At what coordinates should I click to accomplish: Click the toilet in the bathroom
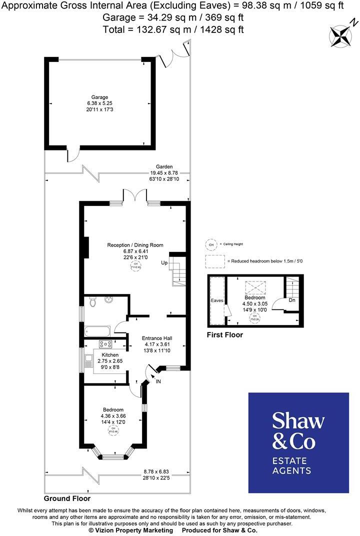pyautogui.click(x=91, y=302)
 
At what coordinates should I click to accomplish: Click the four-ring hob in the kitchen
pyautogui.click(x=106, y=343)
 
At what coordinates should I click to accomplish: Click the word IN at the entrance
pyautogui.click(x=159, y=381)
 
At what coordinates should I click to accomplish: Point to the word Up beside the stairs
pyautogui.click(x=164, y=262)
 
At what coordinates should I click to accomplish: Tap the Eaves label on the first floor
pyautogui.click(x=217, y=301)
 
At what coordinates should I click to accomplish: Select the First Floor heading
pyautogui.click(x=224, y=335)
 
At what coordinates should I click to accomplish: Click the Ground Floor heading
pyautogui.click(x=67, y=498)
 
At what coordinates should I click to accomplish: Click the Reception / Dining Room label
pyautogui.click(x=135, y=245)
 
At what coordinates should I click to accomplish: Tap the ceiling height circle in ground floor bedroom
pyautogui.click(x=113, y=429)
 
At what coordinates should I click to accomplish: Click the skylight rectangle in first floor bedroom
pyautogui.click(x=254, y=287)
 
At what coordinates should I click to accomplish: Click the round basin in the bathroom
pyautogui.click(x=109, y=300)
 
